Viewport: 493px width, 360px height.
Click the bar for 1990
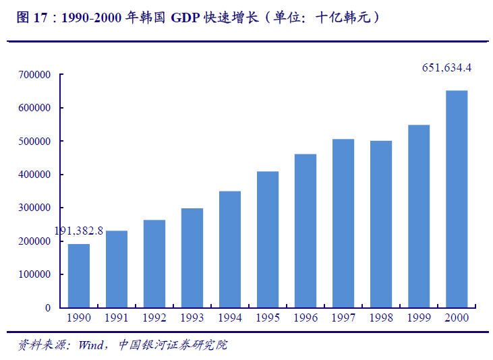pyautogui.click(x=79, y=275)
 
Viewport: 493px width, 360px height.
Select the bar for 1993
pyautogui.click(x=192, y=258)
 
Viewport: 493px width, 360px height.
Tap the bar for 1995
pyautogui.click(x=268, y=239)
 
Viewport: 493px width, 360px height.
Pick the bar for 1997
pyautogui.click(x=343, y=223)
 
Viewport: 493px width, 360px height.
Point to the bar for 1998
pyautogui.click(x=381, y=224)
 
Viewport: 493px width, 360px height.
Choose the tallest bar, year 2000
pyautogui.click(x=457, y=199)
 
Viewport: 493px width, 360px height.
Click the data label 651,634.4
pyautogui.click(x=446, y=67)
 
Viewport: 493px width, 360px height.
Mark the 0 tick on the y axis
pyautogui.click(x=47, y=308)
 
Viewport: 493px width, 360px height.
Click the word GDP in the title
pyautogui.click(x=185, y=18)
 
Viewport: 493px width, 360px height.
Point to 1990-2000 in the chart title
pyautogui.click(x=92, y=18)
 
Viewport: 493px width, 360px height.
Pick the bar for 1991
pyautogui.click(x=117, y=269)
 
